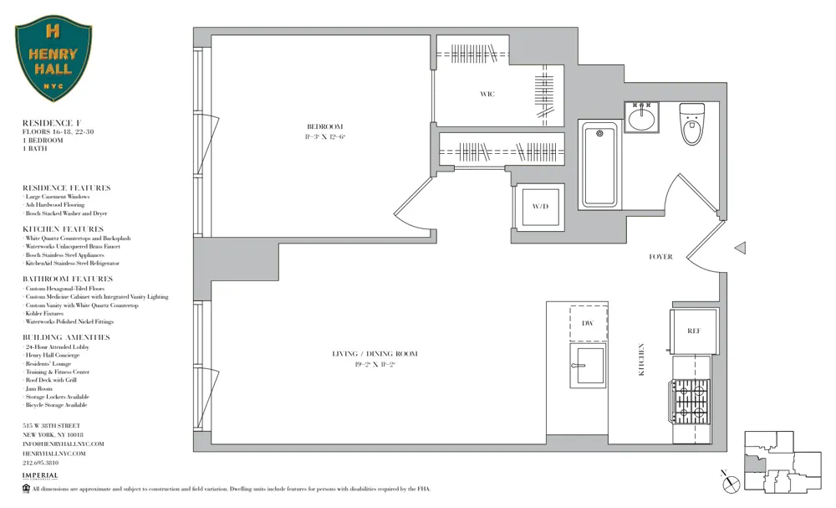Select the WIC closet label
487,94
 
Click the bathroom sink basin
641,118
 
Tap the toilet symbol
691,124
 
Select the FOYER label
660,257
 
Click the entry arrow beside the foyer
740,248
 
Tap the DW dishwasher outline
589,322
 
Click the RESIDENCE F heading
51,123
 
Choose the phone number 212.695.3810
40,463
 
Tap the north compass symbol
731,482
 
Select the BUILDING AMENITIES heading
66,337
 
